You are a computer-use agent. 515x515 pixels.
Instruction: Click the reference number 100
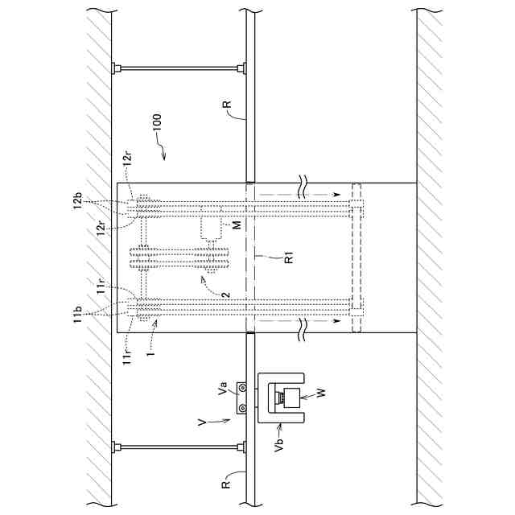158,122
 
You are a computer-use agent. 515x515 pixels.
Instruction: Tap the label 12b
78,201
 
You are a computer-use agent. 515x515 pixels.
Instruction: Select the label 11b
77,315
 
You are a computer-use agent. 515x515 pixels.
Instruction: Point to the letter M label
237,225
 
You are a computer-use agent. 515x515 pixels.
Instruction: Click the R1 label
288,257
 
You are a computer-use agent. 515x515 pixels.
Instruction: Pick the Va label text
223,388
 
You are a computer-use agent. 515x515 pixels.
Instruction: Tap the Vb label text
279,444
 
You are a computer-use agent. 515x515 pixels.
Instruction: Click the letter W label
320,393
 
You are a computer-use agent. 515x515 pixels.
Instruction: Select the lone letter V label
203,422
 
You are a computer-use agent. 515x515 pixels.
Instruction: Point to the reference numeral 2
226,295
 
